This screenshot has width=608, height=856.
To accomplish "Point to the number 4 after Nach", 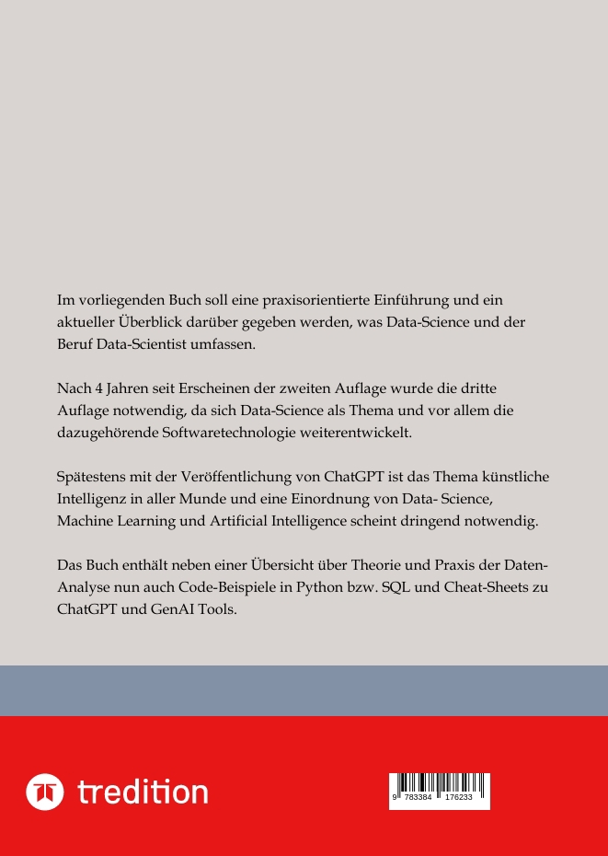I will pyautogui.click(x=97, y=388).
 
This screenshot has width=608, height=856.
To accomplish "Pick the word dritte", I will pyautogui.click(x=476, y=388).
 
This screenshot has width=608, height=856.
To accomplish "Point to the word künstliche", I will pyautogui.click(x=521, y=477).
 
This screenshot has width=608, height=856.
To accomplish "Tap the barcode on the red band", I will pyautogui.click(x=440, y=791).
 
